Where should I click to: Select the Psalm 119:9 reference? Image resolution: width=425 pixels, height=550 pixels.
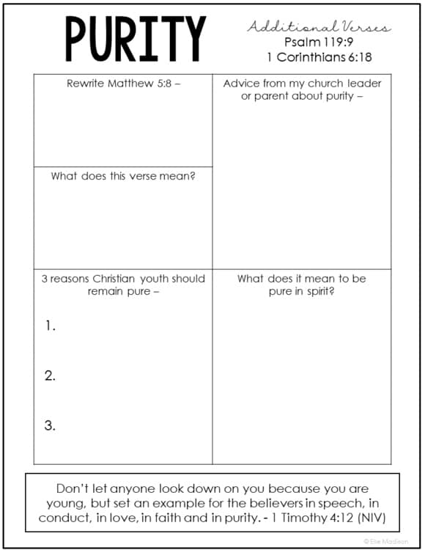319,43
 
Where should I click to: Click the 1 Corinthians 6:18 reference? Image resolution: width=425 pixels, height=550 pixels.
319,57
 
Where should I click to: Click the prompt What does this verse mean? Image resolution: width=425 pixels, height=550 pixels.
122,176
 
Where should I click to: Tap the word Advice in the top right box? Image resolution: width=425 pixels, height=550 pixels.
241,84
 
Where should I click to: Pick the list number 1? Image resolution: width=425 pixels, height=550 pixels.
50,326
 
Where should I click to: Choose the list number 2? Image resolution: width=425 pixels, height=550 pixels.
50,375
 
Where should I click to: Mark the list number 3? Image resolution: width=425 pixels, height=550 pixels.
50,425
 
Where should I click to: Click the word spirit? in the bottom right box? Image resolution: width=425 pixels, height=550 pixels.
319,291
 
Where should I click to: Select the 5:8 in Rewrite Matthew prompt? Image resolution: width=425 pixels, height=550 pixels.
165,84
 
